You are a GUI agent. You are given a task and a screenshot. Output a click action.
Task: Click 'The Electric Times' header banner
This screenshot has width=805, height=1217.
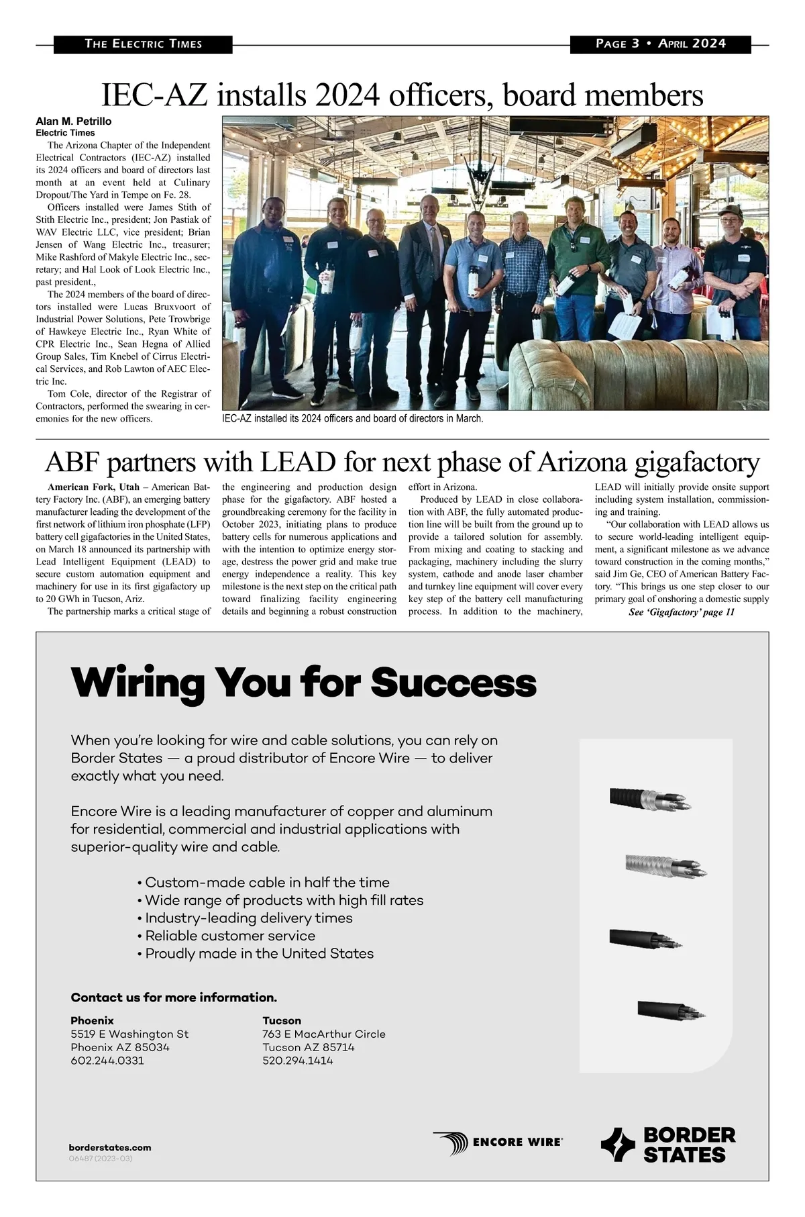point(143,44)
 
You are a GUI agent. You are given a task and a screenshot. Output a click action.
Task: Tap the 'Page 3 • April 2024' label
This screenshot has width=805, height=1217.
point(660,44)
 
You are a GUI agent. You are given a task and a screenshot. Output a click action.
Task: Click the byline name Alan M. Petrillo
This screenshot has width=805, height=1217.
point(74,121)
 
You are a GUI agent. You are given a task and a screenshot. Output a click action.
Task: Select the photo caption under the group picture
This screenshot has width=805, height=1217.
point(352,418)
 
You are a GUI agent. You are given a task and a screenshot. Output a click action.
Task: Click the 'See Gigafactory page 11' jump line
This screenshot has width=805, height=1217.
point(682,612)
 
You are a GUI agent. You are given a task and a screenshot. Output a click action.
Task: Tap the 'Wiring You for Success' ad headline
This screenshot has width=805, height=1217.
point(303,683)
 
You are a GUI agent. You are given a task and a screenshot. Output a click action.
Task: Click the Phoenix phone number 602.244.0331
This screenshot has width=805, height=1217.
point(107,1061)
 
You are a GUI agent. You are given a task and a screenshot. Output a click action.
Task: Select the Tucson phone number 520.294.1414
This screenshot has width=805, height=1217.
point(298,1061)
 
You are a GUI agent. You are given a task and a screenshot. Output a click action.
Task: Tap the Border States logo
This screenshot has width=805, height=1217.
point(668,1145)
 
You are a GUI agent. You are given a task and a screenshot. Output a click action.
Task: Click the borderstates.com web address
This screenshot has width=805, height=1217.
point(110,1147)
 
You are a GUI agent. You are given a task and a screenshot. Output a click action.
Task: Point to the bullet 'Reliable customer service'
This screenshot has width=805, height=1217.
point(230,936)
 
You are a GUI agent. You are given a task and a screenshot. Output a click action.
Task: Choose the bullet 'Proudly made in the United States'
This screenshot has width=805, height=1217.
point(259,953)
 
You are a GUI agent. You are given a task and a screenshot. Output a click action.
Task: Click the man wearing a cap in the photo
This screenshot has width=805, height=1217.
point(737,269)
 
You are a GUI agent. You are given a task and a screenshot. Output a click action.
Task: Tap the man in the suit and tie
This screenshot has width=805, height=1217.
point(428,269)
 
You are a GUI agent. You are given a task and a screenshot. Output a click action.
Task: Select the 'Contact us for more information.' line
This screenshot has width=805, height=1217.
point(174,997)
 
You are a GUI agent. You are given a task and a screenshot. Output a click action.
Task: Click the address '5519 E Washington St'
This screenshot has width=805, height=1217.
point(129,1034)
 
